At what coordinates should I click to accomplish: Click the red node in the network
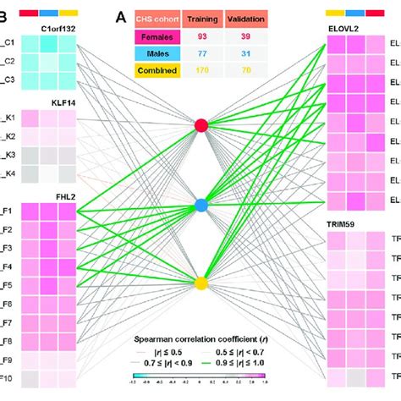click(200, 125)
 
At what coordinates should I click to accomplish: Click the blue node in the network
click(200, 205)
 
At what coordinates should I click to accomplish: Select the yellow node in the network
click(200, 283)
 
